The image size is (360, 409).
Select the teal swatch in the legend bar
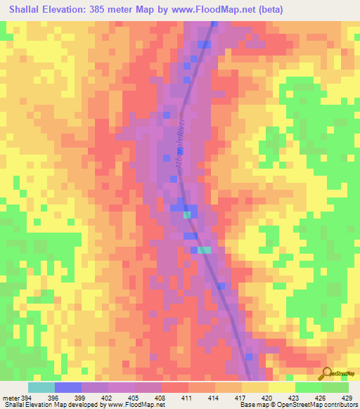pos(41,387)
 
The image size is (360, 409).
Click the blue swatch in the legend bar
pos(67,387)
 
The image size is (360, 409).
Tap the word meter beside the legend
pos(10,397)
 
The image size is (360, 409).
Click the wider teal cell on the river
pos(204,249)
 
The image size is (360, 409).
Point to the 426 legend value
pos(321,397)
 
